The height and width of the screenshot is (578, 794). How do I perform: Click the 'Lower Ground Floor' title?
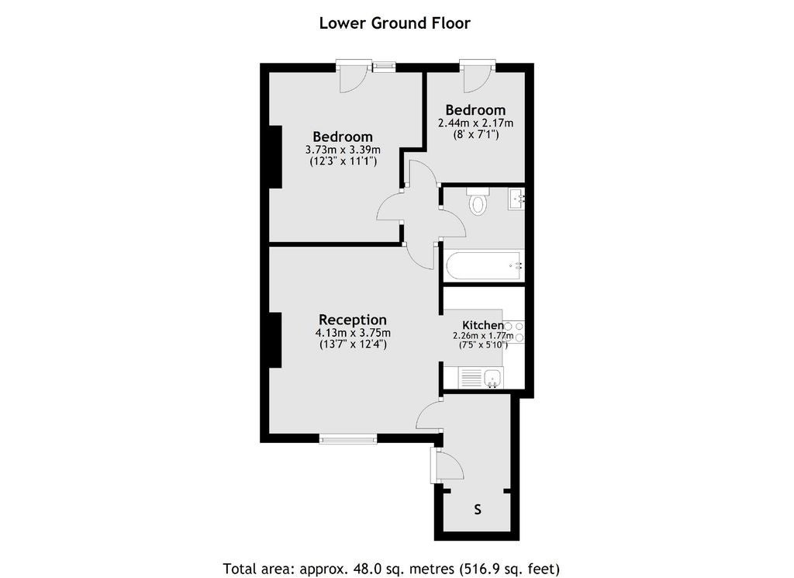pos(395,23)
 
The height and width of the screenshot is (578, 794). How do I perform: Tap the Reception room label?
pos(353,320)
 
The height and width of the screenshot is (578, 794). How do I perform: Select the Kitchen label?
pos(482,325)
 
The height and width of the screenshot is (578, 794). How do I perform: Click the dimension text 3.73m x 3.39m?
pos(343,150)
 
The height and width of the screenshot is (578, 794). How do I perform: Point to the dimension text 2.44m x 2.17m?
pos(475,123)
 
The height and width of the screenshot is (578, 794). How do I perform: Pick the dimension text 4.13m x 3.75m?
pos(353,334)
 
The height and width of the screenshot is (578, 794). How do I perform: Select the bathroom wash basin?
pos(517,199)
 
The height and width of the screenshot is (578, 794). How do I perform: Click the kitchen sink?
pos(492,378)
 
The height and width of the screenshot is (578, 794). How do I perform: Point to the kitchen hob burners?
pos(513,332)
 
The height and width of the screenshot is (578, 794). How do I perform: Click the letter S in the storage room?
pos(478,510)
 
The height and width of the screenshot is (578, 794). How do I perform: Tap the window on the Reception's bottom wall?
pos(348,438)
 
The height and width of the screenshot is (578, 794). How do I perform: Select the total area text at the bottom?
pos(392,569)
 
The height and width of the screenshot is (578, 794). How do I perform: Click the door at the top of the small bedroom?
pos(478,76)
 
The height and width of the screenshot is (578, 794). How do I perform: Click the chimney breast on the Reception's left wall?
pos(275,340)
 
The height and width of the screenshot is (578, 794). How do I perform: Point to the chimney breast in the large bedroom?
pos(275,157)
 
